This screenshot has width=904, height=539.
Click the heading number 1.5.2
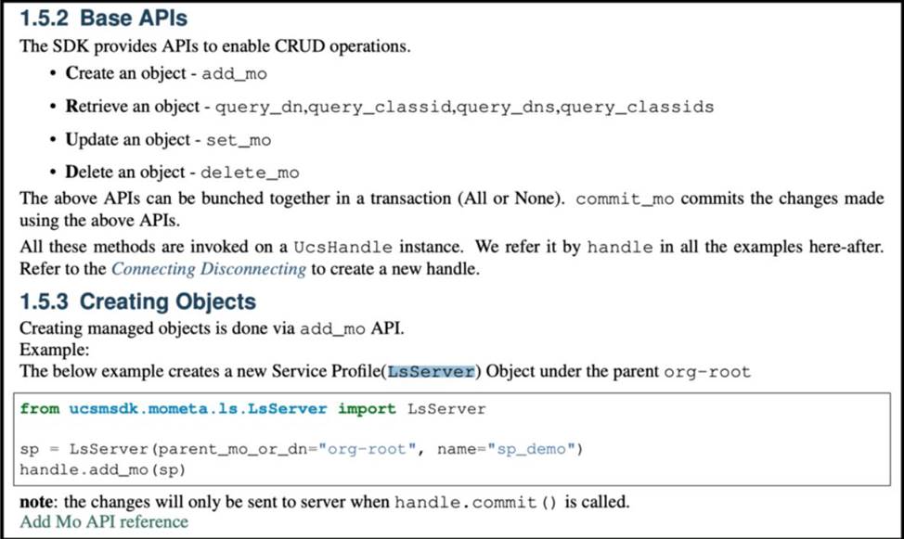[x=44, y=18]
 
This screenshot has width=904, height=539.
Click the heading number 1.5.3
[x=44, y=302]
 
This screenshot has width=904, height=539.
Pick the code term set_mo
[x=239, y=140]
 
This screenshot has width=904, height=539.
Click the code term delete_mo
[x=250, y=173]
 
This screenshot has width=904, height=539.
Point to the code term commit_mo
[x=625, y=199]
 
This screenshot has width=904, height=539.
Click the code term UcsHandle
[x=343, y=248]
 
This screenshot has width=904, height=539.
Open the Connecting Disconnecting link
[x=209, y=269]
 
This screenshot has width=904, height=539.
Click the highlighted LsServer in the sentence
[x=432, y=372]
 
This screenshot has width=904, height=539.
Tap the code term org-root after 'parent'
[x=707, y=372]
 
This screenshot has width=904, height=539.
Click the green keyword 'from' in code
[x=40, y=409]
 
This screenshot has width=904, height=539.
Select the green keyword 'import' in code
[x=367, y=409]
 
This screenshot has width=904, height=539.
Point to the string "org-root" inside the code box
[x=368, y=449]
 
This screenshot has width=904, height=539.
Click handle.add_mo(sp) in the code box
[x=103, y=469]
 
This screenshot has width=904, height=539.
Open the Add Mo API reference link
[x=104, y=521]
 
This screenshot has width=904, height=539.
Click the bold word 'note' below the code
[x=38, y=502]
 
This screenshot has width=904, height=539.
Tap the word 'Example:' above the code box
[x=54, y=350]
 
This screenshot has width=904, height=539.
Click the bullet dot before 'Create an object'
[x=53, y=74]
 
